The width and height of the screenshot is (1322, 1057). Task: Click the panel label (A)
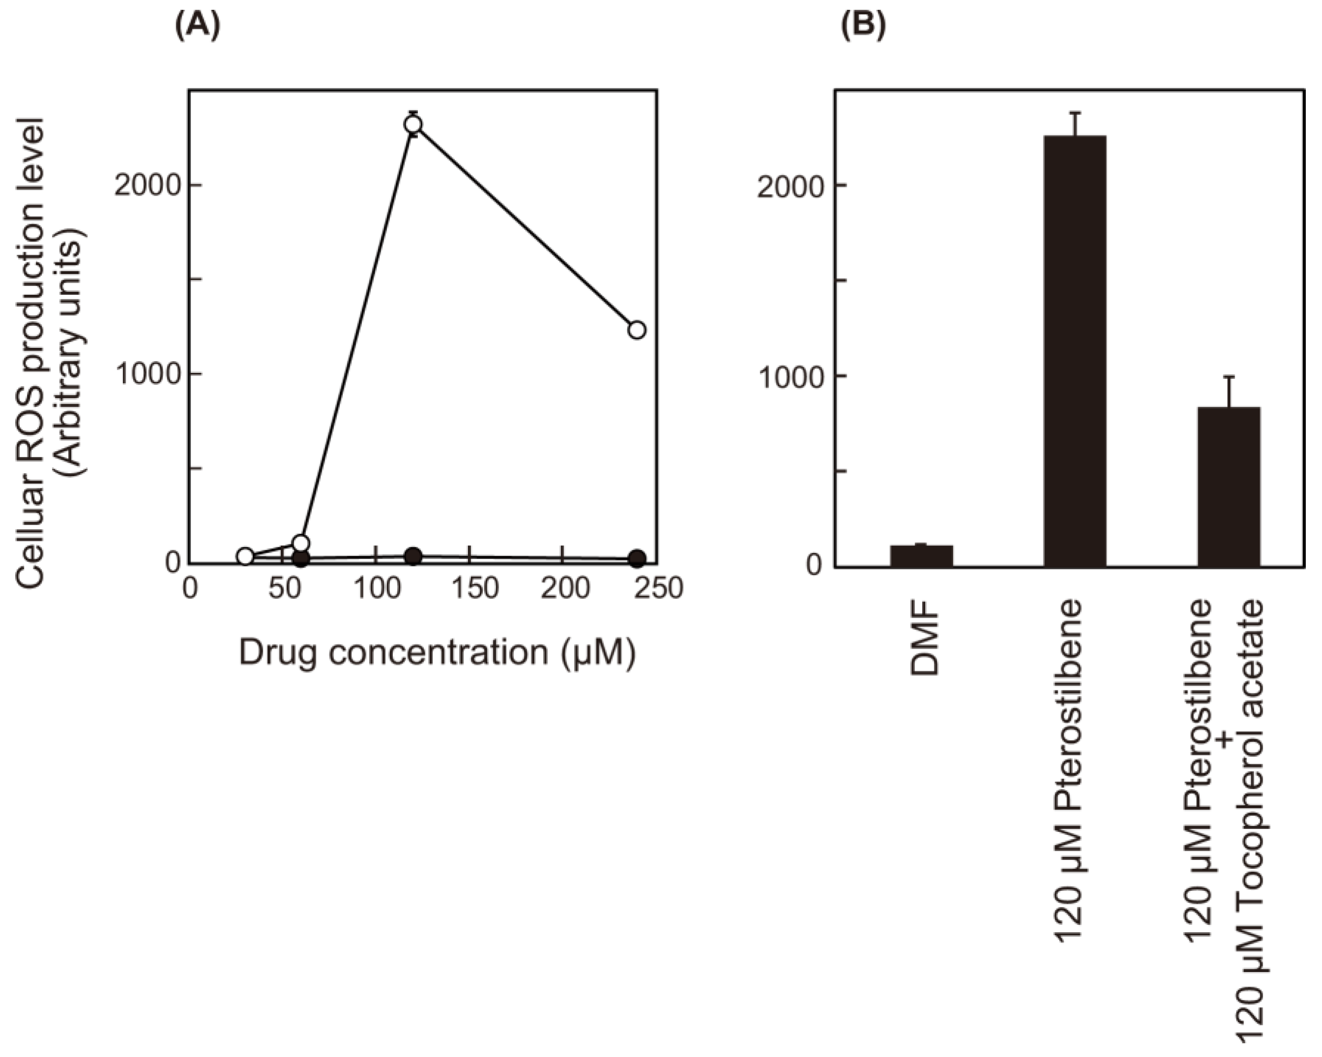tap(197, 28)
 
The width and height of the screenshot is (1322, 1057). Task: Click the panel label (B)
tap(863, 28)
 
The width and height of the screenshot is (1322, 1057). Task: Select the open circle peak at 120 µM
tap(413, 124)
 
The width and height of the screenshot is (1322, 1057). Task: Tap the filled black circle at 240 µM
tap(638, 558)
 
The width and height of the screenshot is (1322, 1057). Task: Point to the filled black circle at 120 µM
tap(414, 556)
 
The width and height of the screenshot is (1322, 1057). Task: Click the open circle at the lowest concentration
tap(245, 556)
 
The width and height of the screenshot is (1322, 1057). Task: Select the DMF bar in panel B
tap(921, 556)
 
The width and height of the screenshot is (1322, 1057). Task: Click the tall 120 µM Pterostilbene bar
tap(1075, 350)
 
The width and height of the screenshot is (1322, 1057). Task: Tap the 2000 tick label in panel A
tap(146, 186)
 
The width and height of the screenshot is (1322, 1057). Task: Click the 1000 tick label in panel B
tap(789, 377)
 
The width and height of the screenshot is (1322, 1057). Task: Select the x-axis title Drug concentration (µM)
tap(437, 652)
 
